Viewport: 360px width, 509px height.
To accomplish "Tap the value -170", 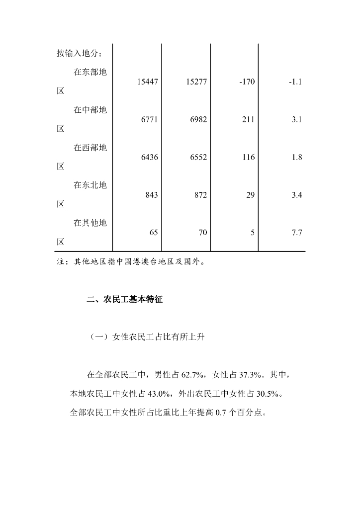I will pyautogui.click(x=247, y=82).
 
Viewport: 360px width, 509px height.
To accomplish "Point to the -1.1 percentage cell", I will pyautogui.click(x=295, y=82).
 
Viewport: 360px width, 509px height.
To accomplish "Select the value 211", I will pyautogui.click(x=249, y=119).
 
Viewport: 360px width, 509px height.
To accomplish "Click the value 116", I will pyautogui.click(x=249, y=157).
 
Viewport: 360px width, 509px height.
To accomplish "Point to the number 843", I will pyautogui.click(x=152, y=195).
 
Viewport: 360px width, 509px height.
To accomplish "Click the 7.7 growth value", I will pyautogui.click(x=297, y=233).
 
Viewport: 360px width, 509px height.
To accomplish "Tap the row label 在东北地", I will pyautogui.click(x=90, y=185).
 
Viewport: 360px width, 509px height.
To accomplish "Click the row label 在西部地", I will pyautogui.click(x=90, y=148).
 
